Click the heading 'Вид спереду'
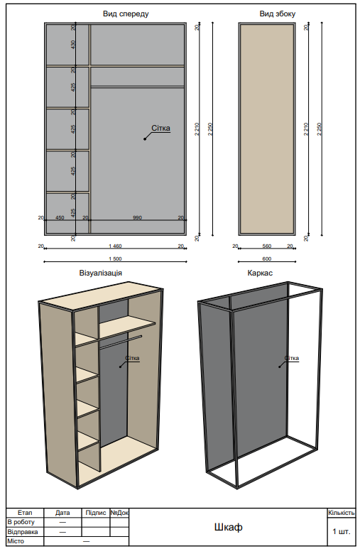tap(115, 13)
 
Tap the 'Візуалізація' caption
tap(101, 272)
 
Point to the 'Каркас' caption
tap(260, 272)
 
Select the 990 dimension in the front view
tap(137, 217)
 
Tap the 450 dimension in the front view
tap(60, 217)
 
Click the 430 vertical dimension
tap(73, 45)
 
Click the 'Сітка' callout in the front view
tap(160, 129)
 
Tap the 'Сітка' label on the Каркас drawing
tap(291, 359)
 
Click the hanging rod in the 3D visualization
tap(121, 339)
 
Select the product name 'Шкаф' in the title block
tap(228, 527)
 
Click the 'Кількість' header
tap(341, 512)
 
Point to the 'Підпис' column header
tap(95, 512)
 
